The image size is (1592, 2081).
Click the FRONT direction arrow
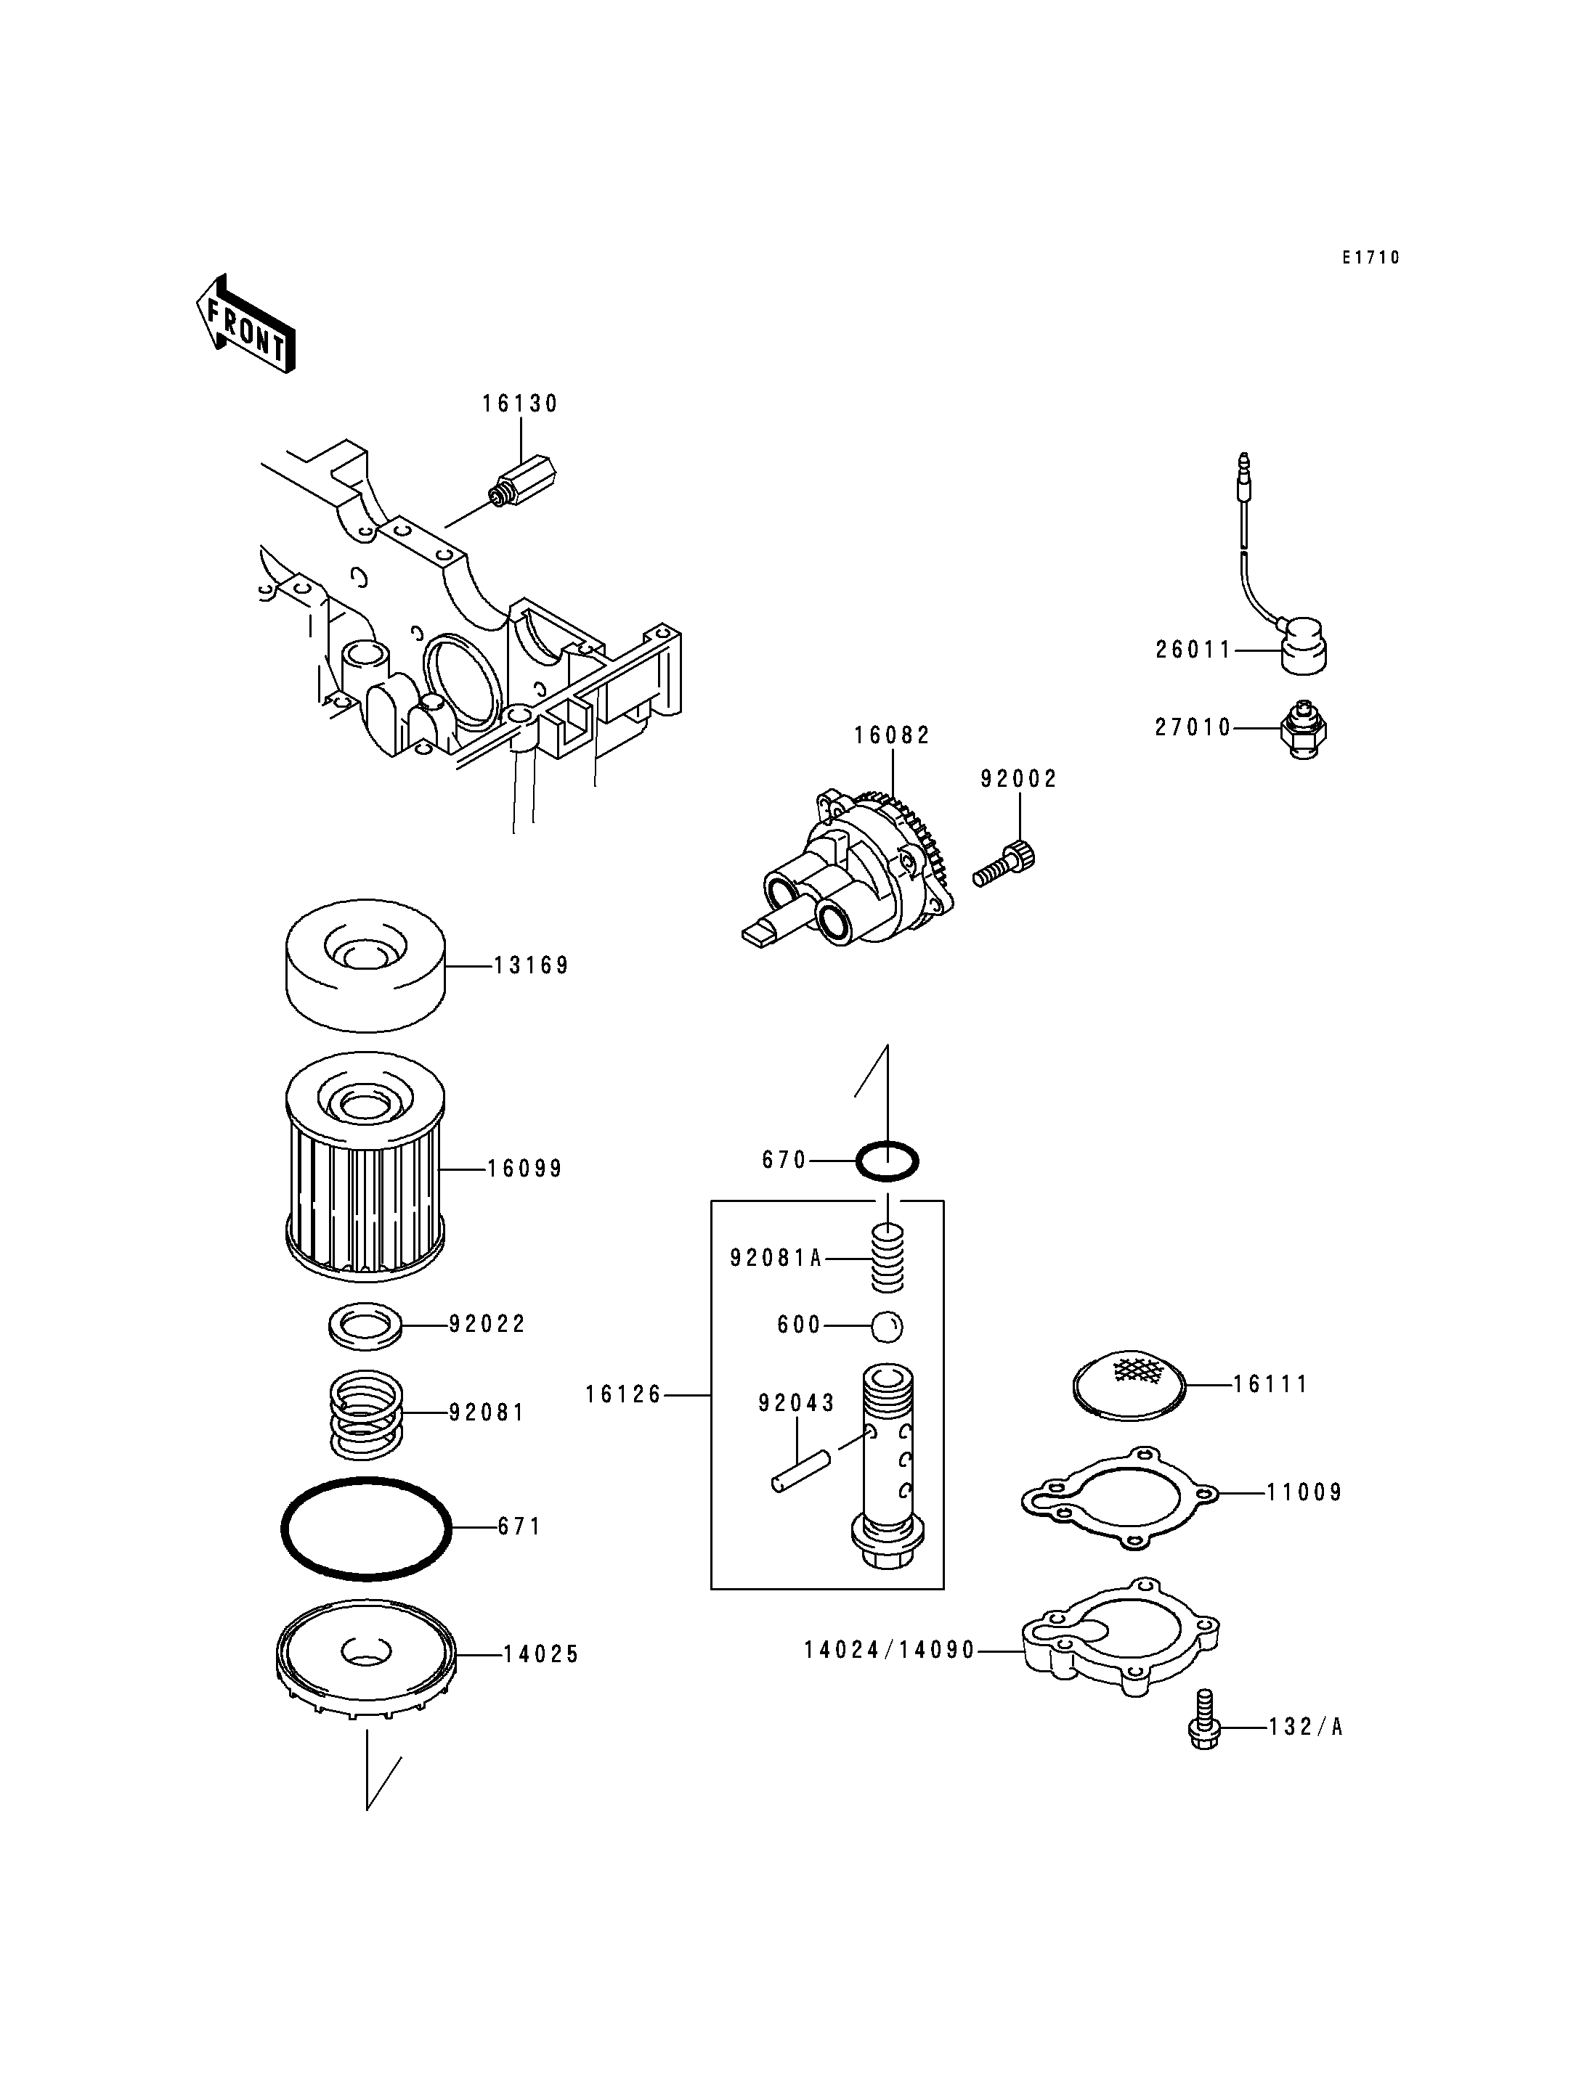pos(245,324)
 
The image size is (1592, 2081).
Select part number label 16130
pos(520,404)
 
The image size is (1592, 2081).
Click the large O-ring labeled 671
pos(366,1529)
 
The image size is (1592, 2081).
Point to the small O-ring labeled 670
pos(888,1161)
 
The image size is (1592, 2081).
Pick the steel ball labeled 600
pos(888,1326)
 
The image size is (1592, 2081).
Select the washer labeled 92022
pos(365,1324)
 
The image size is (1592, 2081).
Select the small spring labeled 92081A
pos(888,1257)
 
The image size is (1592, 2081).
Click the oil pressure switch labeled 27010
pos(1303,729)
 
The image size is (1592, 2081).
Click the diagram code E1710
pos(1370,258)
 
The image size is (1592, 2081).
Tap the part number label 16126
pos(622,1395)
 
